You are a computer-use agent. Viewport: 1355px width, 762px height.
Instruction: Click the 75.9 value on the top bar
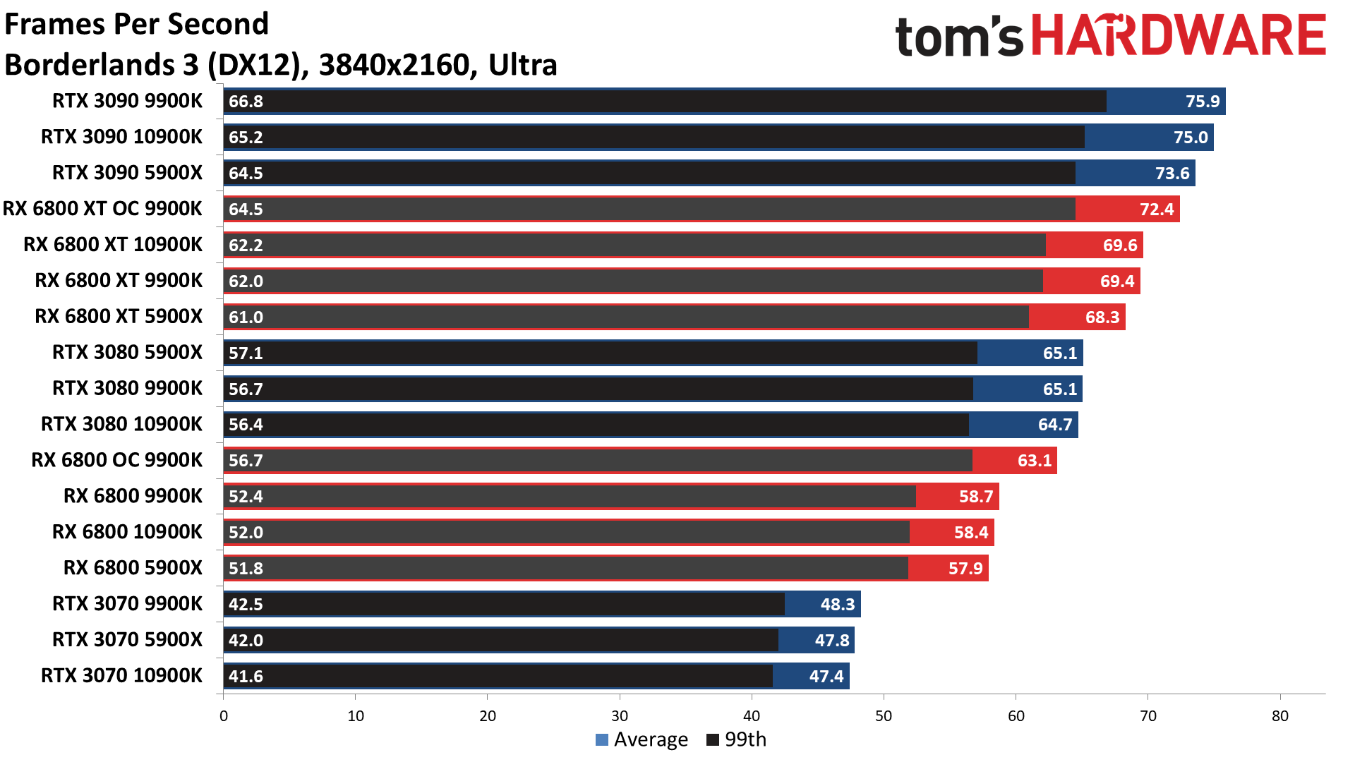tap(1202, 102)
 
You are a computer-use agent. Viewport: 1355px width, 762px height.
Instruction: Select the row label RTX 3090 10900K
tap(121, 137)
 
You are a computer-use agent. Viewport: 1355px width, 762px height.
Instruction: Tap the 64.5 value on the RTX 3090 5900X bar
tap(246, 174)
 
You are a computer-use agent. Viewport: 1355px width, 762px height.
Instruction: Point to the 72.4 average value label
tap(1157, 210)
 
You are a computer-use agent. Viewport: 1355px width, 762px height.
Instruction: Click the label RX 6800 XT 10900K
tap(113, 245)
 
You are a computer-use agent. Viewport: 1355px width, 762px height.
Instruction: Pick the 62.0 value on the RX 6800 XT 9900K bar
tap(246, 282)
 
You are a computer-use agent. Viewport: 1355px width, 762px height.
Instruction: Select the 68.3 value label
tap(1102, 317)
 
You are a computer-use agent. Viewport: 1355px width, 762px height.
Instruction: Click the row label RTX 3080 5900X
tap(127, 352)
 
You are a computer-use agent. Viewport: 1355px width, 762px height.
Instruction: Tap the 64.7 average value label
tap(1054, 425)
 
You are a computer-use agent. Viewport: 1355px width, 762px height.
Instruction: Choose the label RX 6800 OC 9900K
tap(116, 460)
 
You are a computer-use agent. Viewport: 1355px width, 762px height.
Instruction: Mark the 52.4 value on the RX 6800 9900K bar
tap(246, 497)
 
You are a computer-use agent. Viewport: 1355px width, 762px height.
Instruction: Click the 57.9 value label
tap(965, 569)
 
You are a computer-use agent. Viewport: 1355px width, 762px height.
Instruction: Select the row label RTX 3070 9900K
tap(127, 604)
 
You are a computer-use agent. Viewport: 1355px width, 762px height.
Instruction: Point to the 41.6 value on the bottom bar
tap(246, 677)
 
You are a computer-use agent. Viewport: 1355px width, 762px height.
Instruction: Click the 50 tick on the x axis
tap(884, 716)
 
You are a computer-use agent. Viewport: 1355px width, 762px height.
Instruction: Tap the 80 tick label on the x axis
tap(1279, 716)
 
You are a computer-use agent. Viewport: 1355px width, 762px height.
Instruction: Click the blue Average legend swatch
tap(602, 739)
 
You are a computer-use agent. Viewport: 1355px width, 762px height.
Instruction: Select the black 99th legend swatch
tap(713, 739)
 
